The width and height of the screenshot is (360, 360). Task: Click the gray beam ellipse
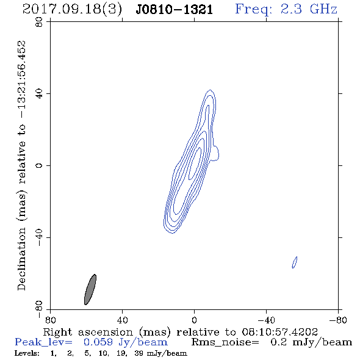pyautogui.click(x=90, y=289)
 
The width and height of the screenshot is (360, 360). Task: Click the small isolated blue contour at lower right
pyautogui.click(x=295, y=262)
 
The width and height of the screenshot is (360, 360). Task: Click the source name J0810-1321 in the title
pyautogui.click(x=175, y=10)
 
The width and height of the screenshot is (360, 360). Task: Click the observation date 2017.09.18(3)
pyautogui.click(x=72, y=9)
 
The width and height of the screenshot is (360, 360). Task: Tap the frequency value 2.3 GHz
pyautogui.click(x=309, y=9)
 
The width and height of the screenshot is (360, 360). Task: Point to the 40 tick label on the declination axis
pyautogui.click(x=40, y=94)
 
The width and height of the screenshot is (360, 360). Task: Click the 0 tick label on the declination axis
pyautogui.click(x=40, y=165)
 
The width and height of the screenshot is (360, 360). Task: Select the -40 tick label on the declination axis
pyautogui.click(x=40, y=237)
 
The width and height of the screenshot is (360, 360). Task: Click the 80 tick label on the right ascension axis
pyautogui.click(x=50, y=320)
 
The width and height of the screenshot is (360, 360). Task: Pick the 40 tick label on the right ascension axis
pyautogui.click(x=122, y=320)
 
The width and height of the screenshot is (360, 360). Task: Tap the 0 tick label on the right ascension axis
pyautogui.click(x=194, y=320)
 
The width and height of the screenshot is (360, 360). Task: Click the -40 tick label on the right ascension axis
pyautogui.click(x=266, y=320)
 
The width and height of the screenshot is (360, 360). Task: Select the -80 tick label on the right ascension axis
pyautogui.click(x=338, y=320)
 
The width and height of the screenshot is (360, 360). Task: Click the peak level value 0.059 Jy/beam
pyautogui.click(x=126, y=342)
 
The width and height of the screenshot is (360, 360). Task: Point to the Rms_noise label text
pyautogui.click(x=225, y=342)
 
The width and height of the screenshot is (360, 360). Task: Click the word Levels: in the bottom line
pyautogui.click(x=27, y=353)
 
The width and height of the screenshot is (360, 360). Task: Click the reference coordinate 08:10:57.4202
pyautogui.click(x=279, y=332)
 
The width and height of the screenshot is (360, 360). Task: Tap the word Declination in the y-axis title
pyautogui.click(x=21, y=259)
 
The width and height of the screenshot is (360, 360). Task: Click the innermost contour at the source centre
pyautogui.click(x=195, y=164)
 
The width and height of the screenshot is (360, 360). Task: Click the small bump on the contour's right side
pyautogui.click(x=216, y=153)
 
